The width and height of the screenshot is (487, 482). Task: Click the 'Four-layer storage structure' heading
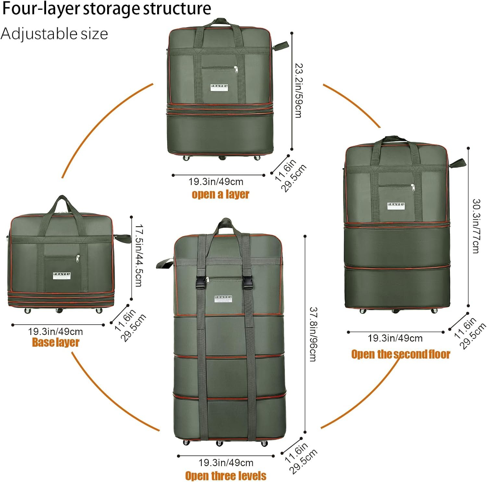106,8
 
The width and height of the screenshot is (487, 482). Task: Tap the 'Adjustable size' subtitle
54,34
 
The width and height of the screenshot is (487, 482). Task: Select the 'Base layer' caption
56,342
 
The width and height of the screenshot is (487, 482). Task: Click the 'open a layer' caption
220,194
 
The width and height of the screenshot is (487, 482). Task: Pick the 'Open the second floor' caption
401,354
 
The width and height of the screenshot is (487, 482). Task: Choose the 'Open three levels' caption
226,476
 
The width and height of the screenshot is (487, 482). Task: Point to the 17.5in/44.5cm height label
138,255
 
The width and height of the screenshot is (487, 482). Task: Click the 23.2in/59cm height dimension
298,91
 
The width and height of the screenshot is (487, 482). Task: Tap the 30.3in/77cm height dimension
476,226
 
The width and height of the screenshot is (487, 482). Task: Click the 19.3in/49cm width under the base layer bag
56,332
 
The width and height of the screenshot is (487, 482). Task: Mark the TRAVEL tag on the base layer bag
62,276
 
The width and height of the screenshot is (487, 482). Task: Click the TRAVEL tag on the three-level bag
223,299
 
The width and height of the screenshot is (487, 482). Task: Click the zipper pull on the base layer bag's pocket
78,258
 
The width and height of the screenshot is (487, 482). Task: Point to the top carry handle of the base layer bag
61,203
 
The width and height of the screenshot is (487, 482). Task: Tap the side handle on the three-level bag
164,263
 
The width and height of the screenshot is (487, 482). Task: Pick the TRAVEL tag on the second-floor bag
396,206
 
